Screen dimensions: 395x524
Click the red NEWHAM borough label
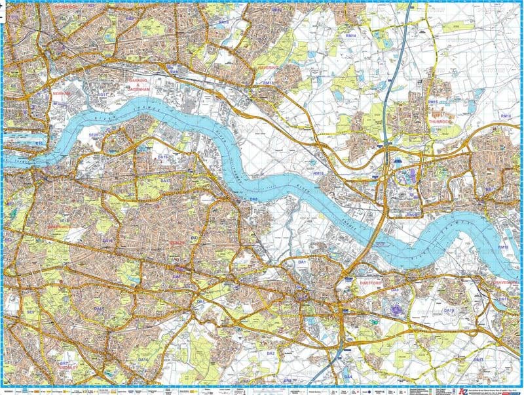(x=60, y=94)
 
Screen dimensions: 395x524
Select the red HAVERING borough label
(x=267, y=68)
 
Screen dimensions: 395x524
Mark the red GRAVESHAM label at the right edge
(x=507, y=282)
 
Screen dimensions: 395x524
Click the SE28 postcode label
(x=93, y=136)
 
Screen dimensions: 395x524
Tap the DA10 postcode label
(x=448, y=310)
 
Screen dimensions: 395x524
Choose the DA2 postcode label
(x=270, y=354)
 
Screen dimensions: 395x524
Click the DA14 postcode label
(x=143, y=360)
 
